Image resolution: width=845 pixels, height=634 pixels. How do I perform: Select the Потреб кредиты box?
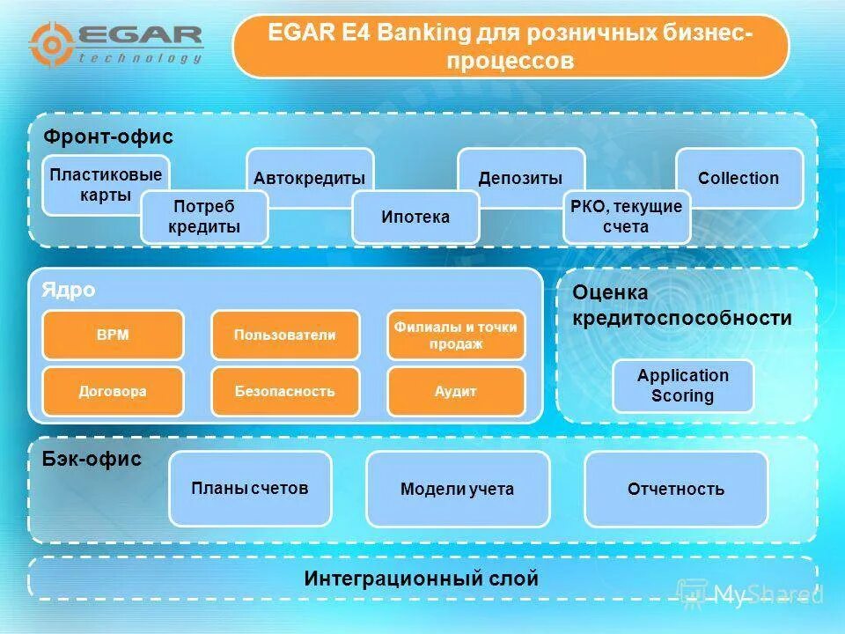pos(204,217)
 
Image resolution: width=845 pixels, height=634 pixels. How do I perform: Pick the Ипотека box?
pos(415,217)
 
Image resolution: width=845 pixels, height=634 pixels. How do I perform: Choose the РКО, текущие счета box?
pos(627,217)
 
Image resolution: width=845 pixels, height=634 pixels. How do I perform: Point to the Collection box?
pos(738,178)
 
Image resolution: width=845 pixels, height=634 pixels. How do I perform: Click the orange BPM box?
pos(113,335)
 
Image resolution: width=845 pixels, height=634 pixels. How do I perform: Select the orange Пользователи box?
pos(285,335)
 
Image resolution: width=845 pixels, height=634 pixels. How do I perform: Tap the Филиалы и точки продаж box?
pos(456,335)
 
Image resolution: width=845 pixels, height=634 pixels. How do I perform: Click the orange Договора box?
pos(113,391)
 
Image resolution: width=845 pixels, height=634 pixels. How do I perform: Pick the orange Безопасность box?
pos(285,391)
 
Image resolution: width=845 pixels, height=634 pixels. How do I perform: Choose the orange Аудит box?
pos(456,391)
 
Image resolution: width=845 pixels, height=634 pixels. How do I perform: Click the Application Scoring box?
pos(683,386)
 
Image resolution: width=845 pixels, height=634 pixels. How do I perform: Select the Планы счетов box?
pos(250,489)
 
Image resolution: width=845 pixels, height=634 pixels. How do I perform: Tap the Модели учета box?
pos(457,489)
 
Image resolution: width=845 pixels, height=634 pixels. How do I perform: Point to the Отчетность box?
pos(676,489)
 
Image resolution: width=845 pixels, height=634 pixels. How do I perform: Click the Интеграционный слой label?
pos(422,579)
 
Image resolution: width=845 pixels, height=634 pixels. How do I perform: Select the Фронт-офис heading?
pos(108,137)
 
